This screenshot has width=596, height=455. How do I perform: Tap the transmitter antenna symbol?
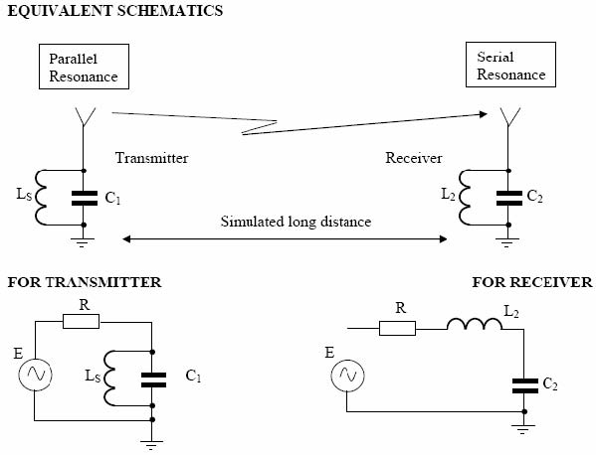point(84,117)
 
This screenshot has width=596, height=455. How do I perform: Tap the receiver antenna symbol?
point(508,117)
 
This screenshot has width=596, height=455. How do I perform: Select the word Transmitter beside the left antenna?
point(151,158)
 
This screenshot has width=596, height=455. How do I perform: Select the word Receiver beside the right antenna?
point(414,158)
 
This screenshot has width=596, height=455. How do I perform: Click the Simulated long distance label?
point(296,222)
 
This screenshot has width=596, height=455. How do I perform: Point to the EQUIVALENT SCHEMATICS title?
point(115,11)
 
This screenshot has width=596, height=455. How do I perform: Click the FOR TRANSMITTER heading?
point(85,282)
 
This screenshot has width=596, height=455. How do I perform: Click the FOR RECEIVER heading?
point(532,282)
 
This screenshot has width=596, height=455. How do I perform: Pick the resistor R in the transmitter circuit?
point(81,322)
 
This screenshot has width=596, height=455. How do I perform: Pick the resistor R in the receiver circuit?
point(397,328)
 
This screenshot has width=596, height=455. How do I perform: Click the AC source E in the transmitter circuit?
point(36,375)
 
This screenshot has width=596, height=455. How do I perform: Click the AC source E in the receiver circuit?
point(347,376)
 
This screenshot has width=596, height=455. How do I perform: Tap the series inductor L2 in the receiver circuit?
point(475,325)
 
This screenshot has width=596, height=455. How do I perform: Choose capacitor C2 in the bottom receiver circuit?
point(525,385)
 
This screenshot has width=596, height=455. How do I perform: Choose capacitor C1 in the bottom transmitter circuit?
point(153,379)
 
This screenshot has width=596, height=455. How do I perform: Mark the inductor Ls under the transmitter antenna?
point(41,198)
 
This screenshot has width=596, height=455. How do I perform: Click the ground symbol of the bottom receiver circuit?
point(523,429)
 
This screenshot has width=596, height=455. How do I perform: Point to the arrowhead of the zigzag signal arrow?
point(484,114)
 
